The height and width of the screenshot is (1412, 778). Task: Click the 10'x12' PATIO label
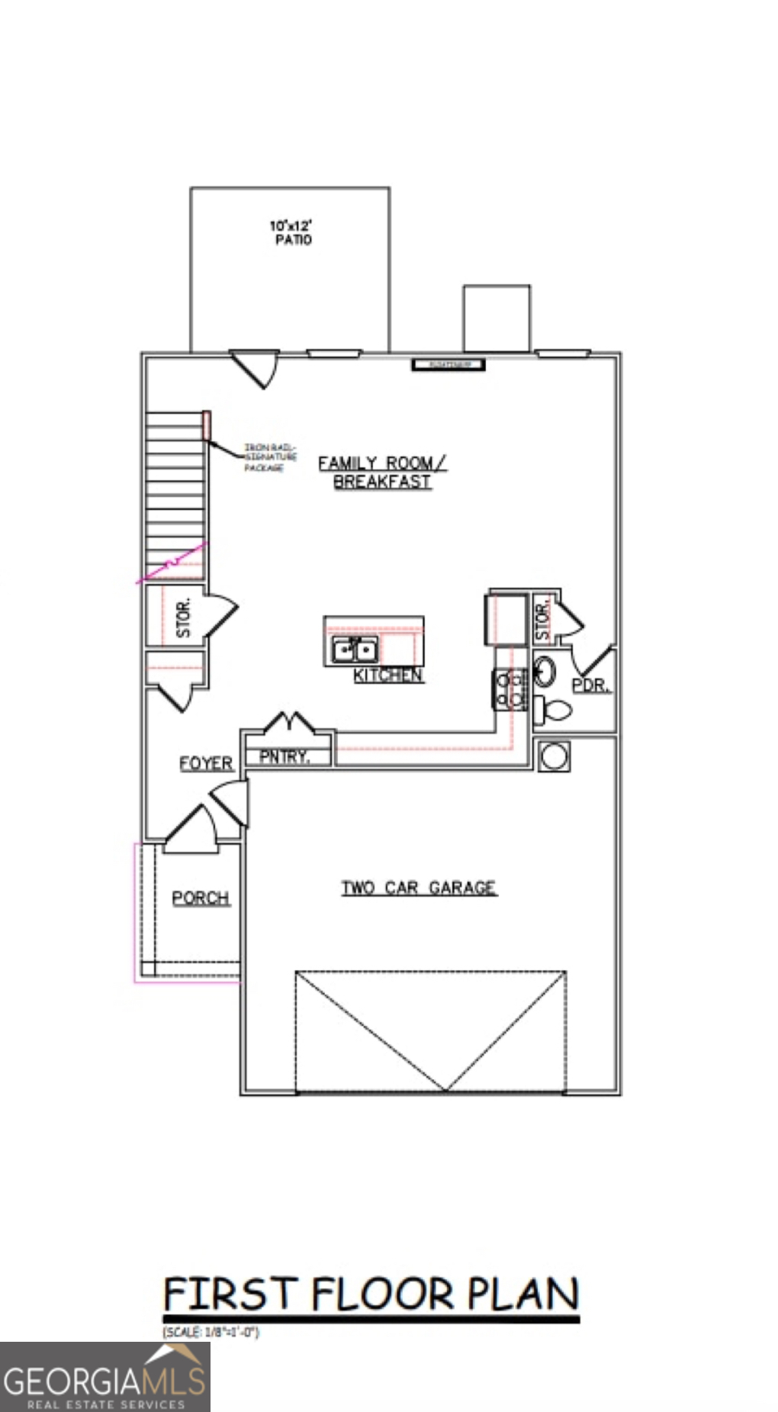pyautogui.click(x=291, y=232)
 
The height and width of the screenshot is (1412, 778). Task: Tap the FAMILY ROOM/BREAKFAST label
pyautogui.click(x=382, y=472)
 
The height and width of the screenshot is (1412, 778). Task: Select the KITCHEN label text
pyautogui.click(x=387, y=675)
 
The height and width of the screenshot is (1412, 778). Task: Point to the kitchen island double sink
pyautogui.click(x=354, y=650)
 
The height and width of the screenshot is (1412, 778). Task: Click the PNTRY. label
pyautogui.click(x=285, y=756)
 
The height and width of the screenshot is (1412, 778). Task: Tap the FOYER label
pyautogui.click(x=206, y=763)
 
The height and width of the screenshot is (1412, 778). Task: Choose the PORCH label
pyautogui.click(x=201, y=898)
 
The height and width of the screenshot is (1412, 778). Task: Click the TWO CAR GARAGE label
pyautogui.click(x=419, y=888)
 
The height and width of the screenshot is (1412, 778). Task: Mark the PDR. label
pyautogui.click(x=591, y=685)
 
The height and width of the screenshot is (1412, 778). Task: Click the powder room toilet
pyautogui.click(x=555, y=711)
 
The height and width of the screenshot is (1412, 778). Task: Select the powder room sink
pyautogui.click(x=545, y=671)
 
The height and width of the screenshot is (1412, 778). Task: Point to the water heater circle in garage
pyautogui.click(x=554, y=756)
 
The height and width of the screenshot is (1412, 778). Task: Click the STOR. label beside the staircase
pyautogui.click(x=183, y=617)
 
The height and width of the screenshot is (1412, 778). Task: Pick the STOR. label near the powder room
pyautogui.click(x=542, y=621)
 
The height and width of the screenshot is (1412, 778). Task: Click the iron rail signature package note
pyautogui.click(x=269, y=457)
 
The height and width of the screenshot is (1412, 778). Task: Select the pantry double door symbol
pyautogui.click(x=289, y=722)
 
